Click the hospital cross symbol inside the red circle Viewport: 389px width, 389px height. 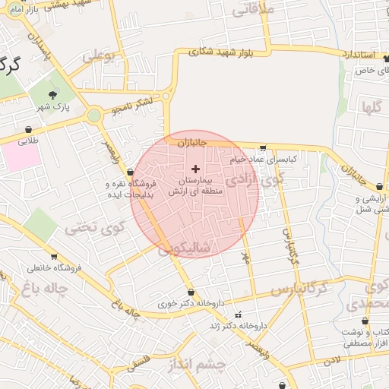[196, 169]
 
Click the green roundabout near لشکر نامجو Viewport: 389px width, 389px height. [94, 115]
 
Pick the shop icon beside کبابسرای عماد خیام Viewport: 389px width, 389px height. [263, 148]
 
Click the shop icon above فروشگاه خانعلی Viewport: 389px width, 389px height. [53, 257]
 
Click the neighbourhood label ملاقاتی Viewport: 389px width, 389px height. [251, 11]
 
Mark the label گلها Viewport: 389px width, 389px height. [371, 106]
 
